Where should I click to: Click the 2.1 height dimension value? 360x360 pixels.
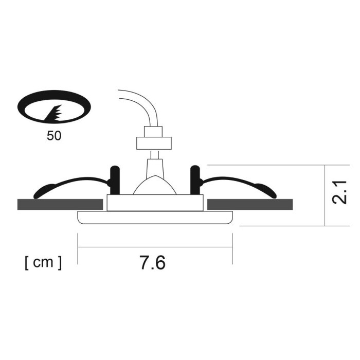[340, 192]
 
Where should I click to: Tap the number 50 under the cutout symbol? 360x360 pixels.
[53, 137]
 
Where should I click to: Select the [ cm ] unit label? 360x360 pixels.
[43, 262]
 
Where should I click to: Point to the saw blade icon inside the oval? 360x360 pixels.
[55, 114]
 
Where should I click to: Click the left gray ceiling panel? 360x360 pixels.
[59, 204]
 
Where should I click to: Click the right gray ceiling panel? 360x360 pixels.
[250, 204]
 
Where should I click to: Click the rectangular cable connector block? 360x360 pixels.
[153, 143]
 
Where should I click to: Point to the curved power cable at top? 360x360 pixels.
[139, 103]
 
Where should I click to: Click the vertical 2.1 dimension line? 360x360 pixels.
[327, 195]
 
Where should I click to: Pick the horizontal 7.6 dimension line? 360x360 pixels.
[155, 248]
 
